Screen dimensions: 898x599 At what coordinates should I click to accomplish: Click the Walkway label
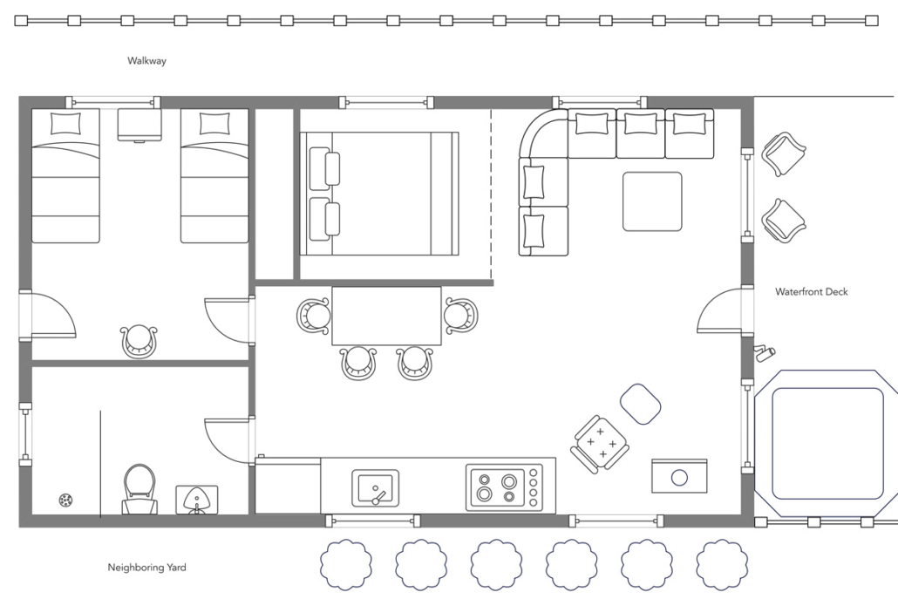[146, 61]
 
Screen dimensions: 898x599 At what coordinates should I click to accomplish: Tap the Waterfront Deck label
[812, 292]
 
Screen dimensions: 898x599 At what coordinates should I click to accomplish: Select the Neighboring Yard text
[146, 568]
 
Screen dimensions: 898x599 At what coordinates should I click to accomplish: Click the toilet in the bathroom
[139, 489]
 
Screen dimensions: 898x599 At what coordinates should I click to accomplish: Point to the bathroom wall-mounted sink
[196, 500]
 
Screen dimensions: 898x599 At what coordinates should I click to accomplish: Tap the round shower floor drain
[66, 500]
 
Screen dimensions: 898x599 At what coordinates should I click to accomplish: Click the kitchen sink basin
[375, 488]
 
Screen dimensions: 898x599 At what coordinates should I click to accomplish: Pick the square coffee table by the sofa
[652, 201]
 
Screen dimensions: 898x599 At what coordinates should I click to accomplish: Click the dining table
[386, 317]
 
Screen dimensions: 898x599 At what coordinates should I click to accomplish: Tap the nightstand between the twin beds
[139, 125]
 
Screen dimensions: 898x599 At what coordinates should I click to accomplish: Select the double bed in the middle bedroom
[379, 194]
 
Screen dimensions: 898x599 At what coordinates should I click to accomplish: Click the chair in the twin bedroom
[139, 342]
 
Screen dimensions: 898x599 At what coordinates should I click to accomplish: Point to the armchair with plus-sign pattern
[600, 444]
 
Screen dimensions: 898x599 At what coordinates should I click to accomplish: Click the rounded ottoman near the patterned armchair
[641, 404]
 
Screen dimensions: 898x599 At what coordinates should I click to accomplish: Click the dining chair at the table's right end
[461, 316]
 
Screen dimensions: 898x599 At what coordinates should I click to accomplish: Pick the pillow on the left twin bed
[66, 124]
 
